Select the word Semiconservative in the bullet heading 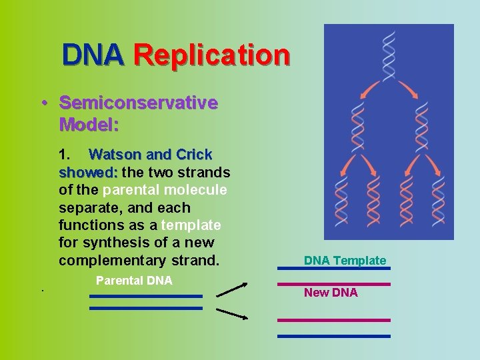138,103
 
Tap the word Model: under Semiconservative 89,125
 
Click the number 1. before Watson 66,155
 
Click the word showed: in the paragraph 88,173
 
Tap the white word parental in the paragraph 133,190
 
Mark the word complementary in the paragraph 121,261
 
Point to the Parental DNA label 134,281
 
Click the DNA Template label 345,261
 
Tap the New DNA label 331,293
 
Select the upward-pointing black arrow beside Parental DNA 231,289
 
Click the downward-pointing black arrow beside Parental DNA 231,313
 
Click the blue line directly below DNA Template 333,269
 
